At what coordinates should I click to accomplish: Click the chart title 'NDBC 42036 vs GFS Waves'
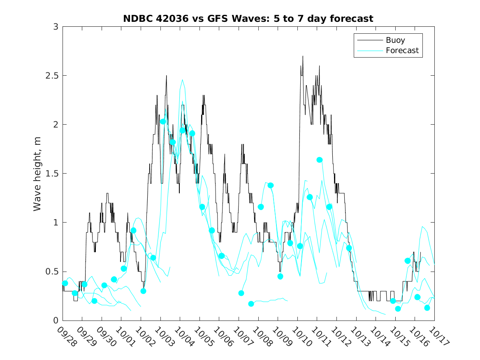tap(248, 19)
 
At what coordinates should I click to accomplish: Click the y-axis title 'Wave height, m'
tap(37, 173)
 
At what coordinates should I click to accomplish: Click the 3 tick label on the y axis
tap(55, 27)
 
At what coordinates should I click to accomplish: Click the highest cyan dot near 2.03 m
tap(163, 121)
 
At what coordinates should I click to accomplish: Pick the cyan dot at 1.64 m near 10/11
tap(320, 160)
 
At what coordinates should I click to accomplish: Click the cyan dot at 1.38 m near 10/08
tap(271, 185)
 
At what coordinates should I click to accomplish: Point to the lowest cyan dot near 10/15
tap(398, 309)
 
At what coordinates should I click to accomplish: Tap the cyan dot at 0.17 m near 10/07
tap(251, 304)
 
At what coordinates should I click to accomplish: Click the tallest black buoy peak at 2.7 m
tap(303, 56)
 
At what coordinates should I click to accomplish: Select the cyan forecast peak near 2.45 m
tap(182, 80)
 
